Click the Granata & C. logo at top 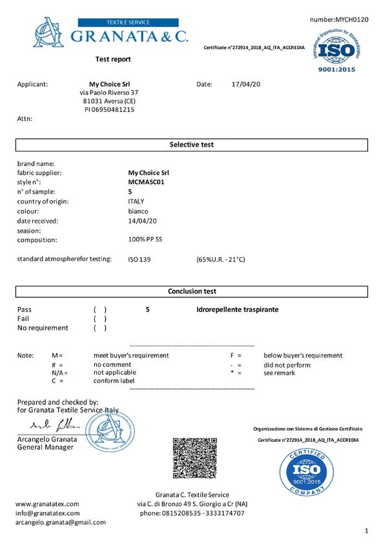point(110,32)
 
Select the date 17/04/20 point(245,84)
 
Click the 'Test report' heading point(113,59)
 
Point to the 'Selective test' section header point(191,145)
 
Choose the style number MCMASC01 point(147,183)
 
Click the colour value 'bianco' point(138,211)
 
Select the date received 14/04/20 point(143,221)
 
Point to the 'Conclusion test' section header point(192,291)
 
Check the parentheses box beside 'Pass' point(100,310)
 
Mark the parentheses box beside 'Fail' point(100,319)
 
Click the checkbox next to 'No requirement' point(100,328)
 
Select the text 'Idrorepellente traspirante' point(238,310)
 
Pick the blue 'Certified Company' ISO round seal point(307,473)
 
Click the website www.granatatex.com point(47,504)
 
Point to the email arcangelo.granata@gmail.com point(61,522)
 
